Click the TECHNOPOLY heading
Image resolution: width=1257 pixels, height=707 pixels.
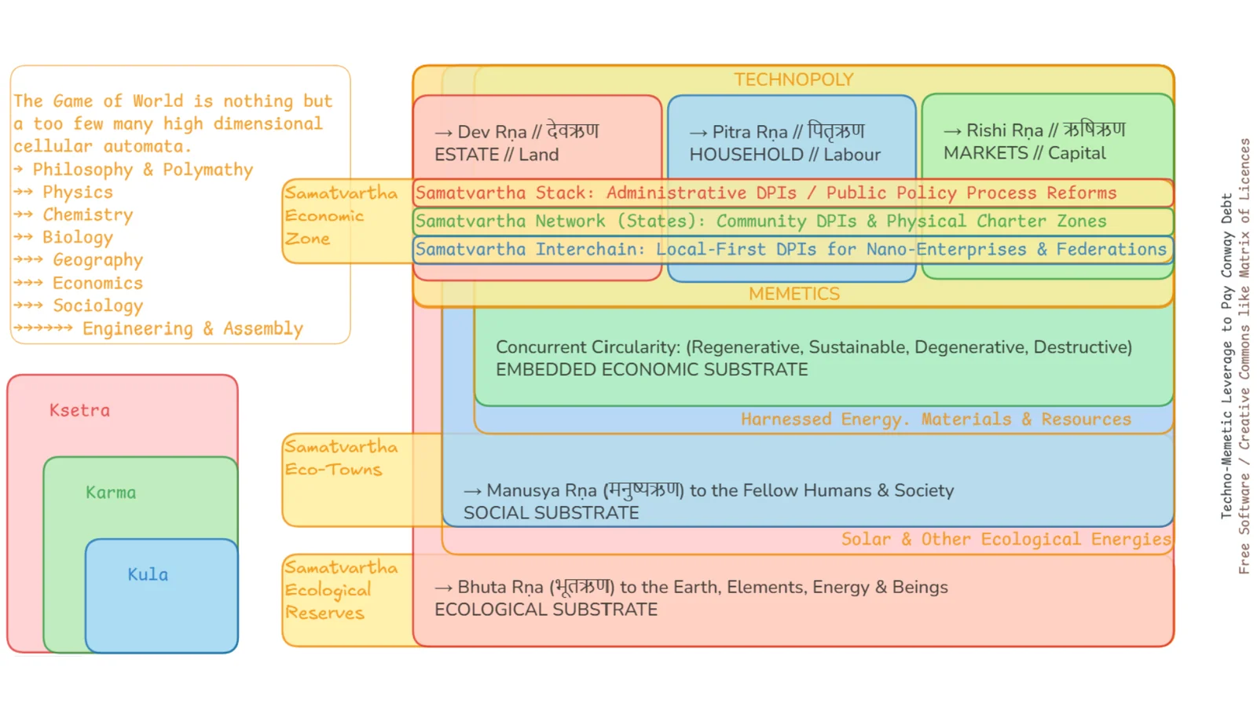(x=793, y=79)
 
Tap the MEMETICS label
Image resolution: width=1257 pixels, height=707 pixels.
(x=794, y=294)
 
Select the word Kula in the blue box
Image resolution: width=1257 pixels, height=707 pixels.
(x=148, y=574)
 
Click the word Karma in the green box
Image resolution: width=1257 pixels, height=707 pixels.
(x=111, y=493)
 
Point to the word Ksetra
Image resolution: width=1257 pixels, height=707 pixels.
(x=79, y=410)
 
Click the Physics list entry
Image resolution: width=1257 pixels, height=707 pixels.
(x=78, y=192)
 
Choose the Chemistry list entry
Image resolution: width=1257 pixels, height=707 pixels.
(x=88, y=215)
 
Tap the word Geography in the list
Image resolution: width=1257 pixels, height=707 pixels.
(x=98, y=260)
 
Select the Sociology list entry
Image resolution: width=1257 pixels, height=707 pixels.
(x=98, y=306)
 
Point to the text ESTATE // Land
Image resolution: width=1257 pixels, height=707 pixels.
(x=497, y=155)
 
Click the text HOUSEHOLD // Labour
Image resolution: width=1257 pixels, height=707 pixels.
(x=785, y=155)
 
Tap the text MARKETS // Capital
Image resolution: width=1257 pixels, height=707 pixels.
(x=1024, y=153)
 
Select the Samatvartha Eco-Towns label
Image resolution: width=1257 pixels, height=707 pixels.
(x=341, y=459)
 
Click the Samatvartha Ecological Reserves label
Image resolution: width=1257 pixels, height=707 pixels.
(x=341, y=590)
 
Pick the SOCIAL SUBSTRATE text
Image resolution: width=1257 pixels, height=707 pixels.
(x=551, y=513)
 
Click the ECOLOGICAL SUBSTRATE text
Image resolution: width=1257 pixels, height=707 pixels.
(x=546, y=610)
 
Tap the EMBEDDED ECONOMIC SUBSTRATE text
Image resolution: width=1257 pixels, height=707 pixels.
(x=652, y=370)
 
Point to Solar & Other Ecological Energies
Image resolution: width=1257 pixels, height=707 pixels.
(x=1006, y=539)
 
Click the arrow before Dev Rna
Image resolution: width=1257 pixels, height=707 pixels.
(x=443, y=133)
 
